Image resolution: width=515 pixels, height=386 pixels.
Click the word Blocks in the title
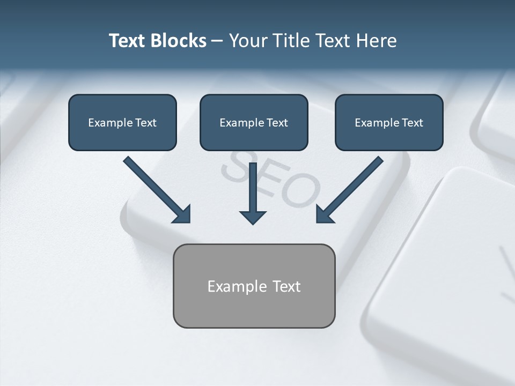179,41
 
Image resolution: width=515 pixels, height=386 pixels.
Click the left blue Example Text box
122,122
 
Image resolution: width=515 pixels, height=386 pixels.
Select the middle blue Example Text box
254,122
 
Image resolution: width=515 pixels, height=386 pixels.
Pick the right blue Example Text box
389,122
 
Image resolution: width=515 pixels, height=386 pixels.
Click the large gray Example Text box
254,286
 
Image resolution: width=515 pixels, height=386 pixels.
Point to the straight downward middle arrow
253,188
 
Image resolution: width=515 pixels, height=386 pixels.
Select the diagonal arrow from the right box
354,185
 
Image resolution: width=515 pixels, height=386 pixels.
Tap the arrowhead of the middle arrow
253,217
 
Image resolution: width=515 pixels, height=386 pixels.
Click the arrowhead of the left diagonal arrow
182,214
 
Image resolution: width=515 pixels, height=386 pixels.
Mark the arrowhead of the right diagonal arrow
324,214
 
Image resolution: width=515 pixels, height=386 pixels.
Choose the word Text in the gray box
286,286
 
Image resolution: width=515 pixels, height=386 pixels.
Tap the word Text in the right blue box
412,123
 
